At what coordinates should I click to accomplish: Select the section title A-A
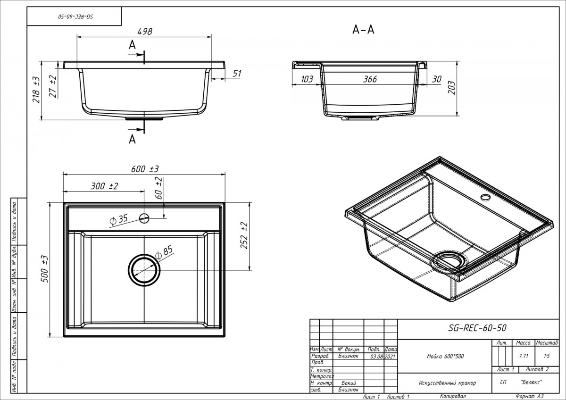click(x=363, y=30)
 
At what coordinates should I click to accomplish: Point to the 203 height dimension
click(x=451, y=87)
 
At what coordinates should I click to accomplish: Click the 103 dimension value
click(x=307, y=79)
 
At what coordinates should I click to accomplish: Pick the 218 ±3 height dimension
click(x=35, y=90)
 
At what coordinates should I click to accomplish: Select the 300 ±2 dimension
click(x=104, y=186)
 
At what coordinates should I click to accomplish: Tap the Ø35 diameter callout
click(x=119, y=219)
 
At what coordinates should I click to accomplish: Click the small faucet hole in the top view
click(x=144, y=217)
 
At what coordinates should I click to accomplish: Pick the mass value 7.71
click(x=523, y=356)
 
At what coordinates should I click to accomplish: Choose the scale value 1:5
click(x=547, y=356)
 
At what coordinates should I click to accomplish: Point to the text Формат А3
click(x=530, y=397)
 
